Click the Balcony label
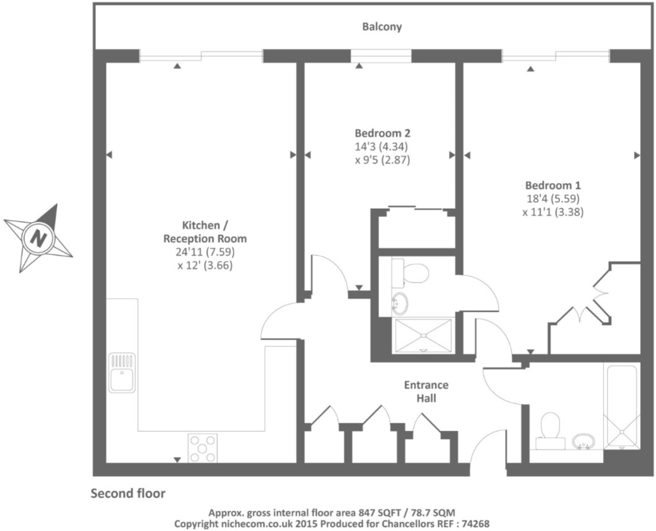[x=382, y=27]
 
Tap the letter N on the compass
[x=39, y=238]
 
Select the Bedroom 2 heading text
[x=382, y=133]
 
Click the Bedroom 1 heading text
[x=552, y=185]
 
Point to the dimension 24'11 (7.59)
[x=205, y=252]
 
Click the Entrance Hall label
[x=426, y=391]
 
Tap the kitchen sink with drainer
[x=122, y=373]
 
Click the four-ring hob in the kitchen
[x=203, y=448]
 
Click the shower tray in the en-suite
[x=423, y=336]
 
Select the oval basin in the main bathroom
[x=583, y=441]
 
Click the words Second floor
[x=128, y=494]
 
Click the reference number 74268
[x=475, y=524]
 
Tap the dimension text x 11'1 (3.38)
[x=553, y=212]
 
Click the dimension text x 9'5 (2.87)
[x=382, y=160]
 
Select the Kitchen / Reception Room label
[x=205, y=232]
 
